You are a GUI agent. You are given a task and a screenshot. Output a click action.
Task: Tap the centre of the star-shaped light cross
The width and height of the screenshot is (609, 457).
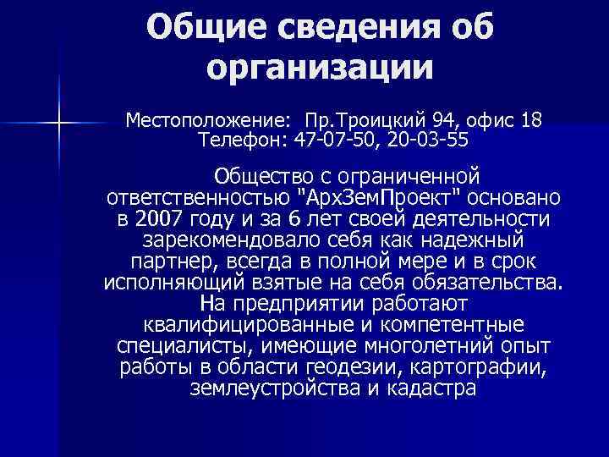pyautogui.click(x=59, y=124)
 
